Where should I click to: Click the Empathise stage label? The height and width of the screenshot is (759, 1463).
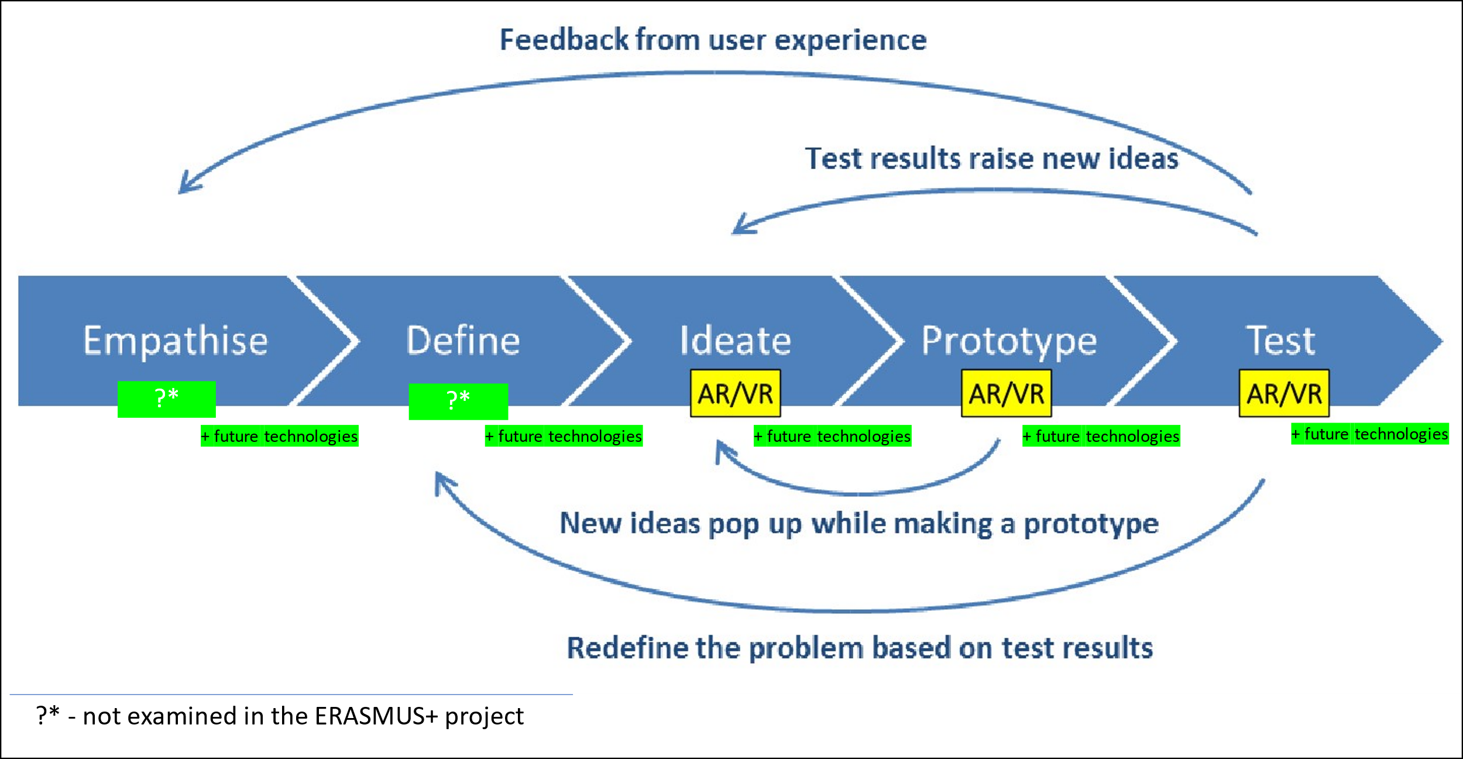coord(176,341)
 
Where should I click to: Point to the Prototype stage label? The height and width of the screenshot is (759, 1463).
coord(1009,342)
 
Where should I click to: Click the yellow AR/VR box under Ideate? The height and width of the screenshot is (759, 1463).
coord(736,393)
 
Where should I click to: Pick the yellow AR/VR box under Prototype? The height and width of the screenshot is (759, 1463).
coord(1007,393)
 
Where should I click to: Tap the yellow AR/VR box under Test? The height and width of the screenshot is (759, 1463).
coord(1285,393)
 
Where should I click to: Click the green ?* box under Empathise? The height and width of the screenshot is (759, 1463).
coord(167,399)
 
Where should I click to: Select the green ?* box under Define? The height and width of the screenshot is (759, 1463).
coord(458,401)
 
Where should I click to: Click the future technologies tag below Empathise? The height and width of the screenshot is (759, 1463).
coord(280,436)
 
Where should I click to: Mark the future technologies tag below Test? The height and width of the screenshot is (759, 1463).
coord(1370,434)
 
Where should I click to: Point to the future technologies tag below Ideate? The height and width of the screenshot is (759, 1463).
coord(832,436)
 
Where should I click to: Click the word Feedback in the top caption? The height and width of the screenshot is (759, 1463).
coord(564,40)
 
